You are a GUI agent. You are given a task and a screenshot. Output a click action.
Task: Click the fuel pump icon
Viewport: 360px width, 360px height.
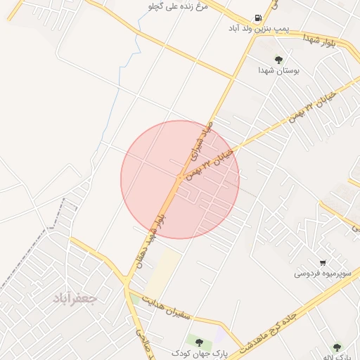tap(259, 19)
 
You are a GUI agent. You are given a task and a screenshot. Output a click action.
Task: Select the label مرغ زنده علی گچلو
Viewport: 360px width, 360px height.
tap(176, 6)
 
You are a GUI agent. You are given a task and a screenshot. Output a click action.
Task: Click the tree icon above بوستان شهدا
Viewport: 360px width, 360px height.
tap(279, 60)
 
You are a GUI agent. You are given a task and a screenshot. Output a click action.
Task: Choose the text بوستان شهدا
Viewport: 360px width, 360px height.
tap(278, 70)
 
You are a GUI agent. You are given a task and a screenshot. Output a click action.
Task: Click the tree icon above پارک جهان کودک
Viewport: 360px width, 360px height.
tap(200, 342)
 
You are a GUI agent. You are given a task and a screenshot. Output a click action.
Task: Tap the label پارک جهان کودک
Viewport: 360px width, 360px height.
tap(199, 352)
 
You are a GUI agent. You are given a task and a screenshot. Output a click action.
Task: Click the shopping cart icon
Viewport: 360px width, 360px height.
tap(323, 262)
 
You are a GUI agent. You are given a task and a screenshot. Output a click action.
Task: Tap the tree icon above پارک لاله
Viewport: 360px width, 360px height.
tap(337, 347)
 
